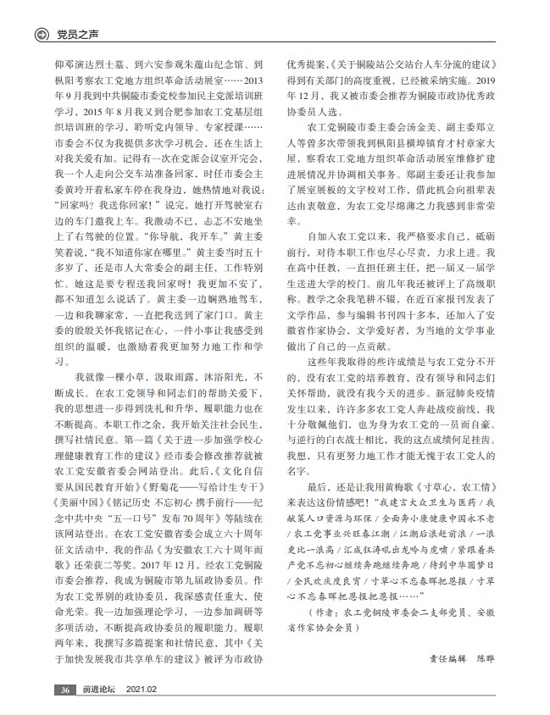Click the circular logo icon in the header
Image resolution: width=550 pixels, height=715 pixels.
pyautogui.click(x=38, y=35)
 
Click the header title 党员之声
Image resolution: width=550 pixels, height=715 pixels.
pyautogui.click(x=73, y=35)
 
